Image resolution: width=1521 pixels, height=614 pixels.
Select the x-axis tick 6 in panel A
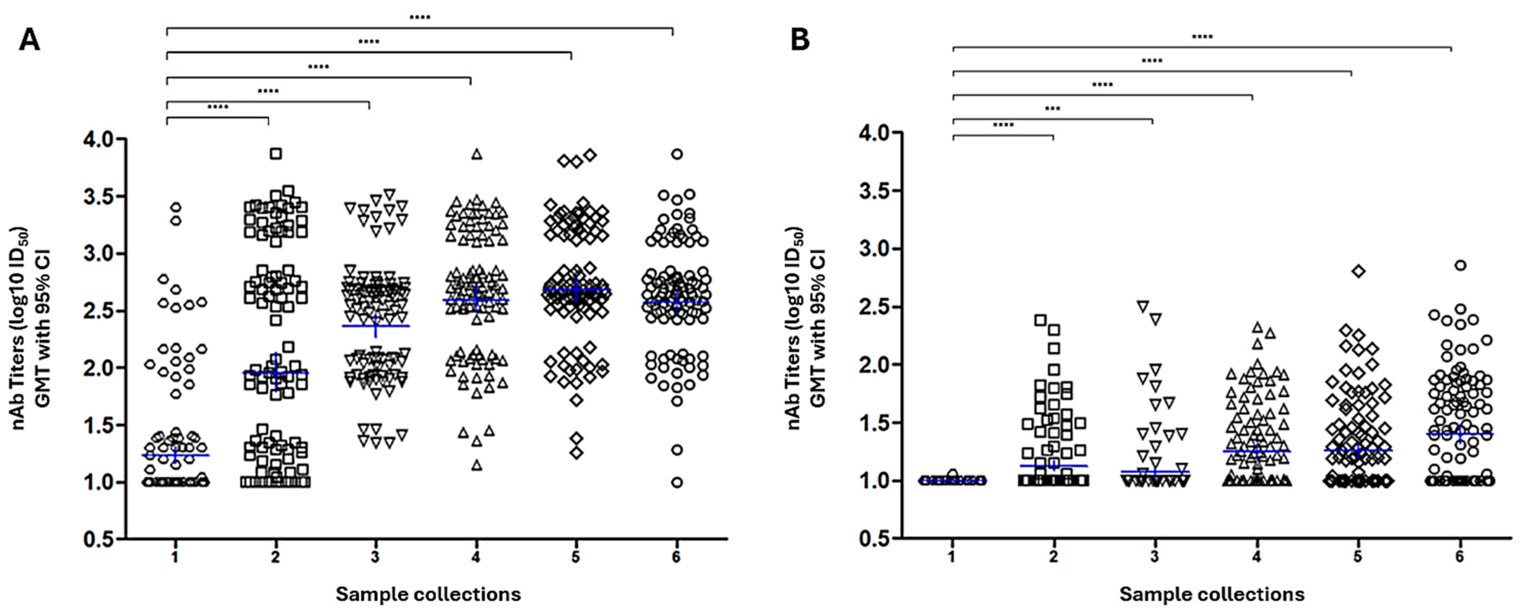pyautogui.click(x=676, y=557)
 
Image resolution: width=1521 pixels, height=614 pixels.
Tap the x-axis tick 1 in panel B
pyautogui.click(x=952, y=557)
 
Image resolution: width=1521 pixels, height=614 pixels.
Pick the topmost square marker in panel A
pyautogui.click(x=276, y=153)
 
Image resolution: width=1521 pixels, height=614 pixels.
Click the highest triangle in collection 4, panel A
pyautogui.click(x=476, y=154)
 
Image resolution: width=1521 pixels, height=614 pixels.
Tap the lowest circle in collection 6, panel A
pyautogui.click(x=677, y=482)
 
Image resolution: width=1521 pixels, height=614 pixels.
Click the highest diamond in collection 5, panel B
pyautogui.click(x=1359, y=271)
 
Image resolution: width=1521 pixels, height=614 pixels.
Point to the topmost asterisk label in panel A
pyautogui.click(x=420, y=17)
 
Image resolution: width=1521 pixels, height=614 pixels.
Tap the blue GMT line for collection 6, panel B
pyautogui.click(x=1459, y=434)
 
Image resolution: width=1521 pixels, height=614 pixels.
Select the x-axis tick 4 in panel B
pyautogui.click(x=1256, y=557)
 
